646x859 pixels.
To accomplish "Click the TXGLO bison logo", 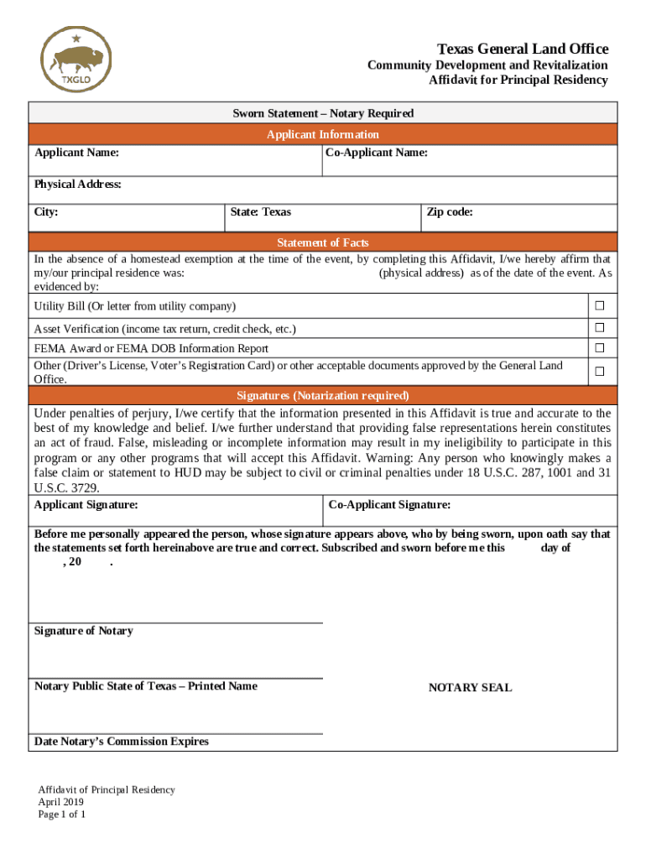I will click(x=76, y=60).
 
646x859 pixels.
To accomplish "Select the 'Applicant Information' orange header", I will click(x=323, y=134).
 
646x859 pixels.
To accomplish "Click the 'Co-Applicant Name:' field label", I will click(x=378, y=153).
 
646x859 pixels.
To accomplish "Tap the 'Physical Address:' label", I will click(x=78, y=185).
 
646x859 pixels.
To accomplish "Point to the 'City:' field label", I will click(x=46, y=212).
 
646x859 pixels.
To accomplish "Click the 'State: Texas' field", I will click(x=261, y=212).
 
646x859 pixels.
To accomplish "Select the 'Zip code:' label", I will click(x=450, y=212).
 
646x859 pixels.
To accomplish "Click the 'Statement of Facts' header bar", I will click(x=323, y=242).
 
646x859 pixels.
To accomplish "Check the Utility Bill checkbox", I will click(x=599, y=305).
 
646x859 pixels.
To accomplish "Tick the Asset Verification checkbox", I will click(x=599, y=327).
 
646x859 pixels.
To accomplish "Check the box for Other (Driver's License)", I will click(x=599, y=371).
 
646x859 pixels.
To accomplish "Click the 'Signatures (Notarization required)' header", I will click(x=323, y=395).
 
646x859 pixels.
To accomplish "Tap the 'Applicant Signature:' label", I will click(x=86, y=505).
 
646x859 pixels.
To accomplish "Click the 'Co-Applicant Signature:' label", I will click(x=389, y=505).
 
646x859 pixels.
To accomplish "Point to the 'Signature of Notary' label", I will click(x=83, y=631).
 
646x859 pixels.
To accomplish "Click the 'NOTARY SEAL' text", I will click(x=470, y=688).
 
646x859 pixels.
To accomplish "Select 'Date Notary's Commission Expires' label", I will click(x=122, y=742).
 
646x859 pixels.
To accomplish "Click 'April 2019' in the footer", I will click(x=61, y=802).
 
